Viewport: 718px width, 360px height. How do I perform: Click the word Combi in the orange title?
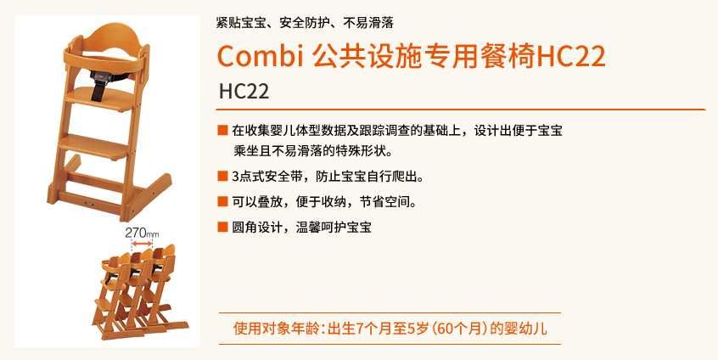click(x=261, y=56)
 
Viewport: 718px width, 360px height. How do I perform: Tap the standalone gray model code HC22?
click(x=244, y=91)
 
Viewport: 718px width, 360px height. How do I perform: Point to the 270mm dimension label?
click(x=142, y=233)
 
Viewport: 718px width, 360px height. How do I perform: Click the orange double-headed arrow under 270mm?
click(x=142, y=245)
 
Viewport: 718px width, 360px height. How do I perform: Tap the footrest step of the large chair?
click(x=94, y=145)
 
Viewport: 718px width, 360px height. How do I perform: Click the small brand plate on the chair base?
click(x=89, y=200)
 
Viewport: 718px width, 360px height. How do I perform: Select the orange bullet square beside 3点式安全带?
click(x=222, y=177)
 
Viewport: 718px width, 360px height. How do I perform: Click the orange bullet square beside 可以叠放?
click(x=222, y=201)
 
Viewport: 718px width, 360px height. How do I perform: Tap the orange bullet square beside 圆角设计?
click(x=222, y=227)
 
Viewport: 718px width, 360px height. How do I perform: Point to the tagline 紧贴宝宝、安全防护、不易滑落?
click(x=305, y=22)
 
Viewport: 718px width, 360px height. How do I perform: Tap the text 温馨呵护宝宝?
click(x=334, y=228)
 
